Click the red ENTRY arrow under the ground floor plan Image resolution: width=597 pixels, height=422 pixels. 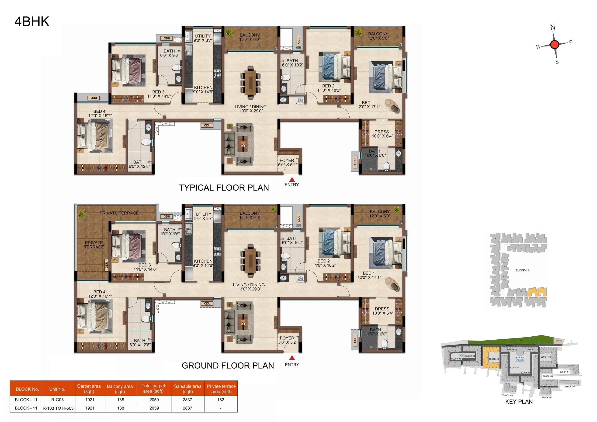(292, 358)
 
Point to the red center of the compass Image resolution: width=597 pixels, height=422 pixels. (555, 45)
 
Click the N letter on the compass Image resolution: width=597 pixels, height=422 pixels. (552, 27)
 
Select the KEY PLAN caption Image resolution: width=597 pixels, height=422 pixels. (519, 401)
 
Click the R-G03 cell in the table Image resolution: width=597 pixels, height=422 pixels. (57, 400)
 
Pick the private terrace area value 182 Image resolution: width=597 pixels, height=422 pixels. (221, 400)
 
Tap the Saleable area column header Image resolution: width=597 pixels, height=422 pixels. (187, 389)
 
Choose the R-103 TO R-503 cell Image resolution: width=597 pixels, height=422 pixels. (58, 408)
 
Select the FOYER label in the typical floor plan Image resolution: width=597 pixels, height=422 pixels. (287, 160)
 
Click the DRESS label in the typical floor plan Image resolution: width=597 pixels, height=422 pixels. (382, 132)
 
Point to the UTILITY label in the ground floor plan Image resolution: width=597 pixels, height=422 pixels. (203, 214)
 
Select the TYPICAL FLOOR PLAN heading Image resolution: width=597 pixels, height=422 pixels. (224, 188)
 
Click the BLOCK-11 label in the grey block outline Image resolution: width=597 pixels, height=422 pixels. (522, 270)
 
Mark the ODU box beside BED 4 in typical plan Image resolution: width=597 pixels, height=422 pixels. (94, 98)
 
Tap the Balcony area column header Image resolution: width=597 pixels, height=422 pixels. (120, 389)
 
